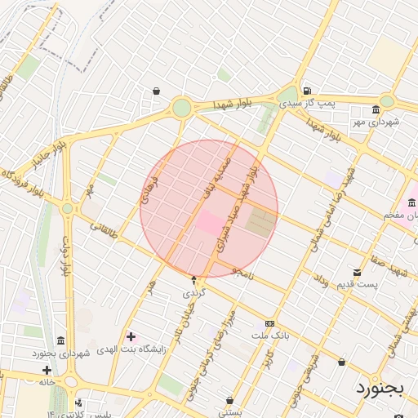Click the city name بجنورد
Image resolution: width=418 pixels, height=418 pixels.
coord(380,388)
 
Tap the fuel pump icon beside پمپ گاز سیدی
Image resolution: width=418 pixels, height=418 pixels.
coord(306,91)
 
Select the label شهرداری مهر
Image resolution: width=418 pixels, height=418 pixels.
coord(376,122)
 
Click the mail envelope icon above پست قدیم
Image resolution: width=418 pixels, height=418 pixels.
coord(357,272)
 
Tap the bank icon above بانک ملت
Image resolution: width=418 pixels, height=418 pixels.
coord(270,323)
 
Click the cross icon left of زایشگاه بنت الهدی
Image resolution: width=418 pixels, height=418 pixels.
coord(131,336)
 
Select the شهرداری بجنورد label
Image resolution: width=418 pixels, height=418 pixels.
coord(59,353)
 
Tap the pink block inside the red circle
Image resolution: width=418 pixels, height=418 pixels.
coord(209,222)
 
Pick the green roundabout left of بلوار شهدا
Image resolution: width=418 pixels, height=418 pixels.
coord(181,107)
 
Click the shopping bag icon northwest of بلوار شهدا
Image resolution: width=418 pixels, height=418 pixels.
coord(156,91)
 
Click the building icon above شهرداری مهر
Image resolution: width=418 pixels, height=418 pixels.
coord(376,109)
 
